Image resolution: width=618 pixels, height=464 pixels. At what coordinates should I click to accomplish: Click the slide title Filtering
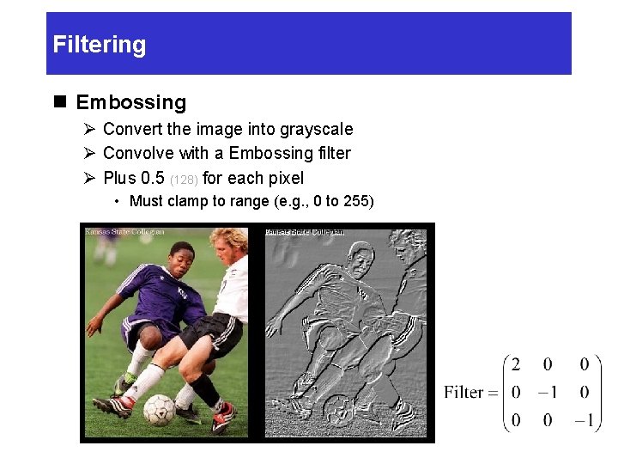point(100,45)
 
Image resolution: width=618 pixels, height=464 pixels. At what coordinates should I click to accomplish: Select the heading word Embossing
point(130,102)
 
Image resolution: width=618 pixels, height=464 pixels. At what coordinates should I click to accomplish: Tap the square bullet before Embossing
point(59,102)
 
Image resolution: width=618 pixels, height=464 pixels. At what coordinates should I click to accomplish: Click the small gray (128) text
point(184,180)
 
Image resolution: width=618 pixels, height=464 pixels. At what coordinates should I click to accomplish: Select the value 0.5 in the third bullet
point(152,178)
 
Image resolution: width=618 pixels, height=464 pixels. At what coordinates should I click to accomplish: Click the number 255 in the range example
point(356,201)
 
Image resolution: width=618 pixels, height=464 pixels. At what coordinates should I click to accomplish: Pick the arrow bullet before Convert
point(88,129)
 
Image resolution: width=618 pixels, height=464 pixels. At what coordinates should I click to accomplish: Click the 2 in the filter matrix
point(515,364)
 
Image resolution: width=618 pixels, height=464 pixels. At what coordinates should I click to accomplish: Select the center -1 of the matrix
point(547,392)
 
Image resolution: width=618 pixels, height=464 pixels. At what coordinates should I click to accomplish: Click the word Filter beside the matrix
point(463,392)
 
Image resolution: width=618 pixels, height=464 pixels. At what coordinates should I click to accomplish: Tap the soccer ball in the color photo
point(159,410)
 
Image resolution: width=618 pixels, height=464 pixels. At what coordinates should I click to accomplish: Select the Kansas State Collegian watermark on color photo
point(124,231)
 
